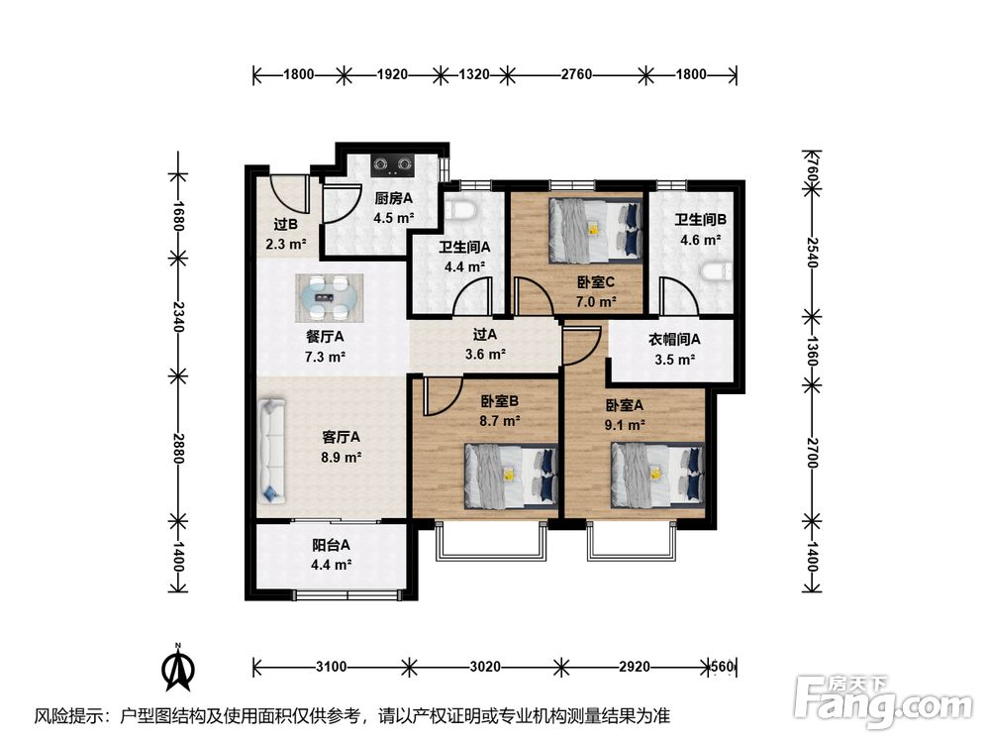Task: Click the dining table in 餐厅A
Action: [x=330, y=297]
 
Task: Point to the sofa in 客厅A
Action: [x=272, y=451]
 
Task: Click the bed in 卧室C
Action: [x=595, y=231]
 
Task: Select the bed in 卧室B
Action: [x=512, y=476]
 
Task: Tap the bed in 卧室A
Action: [x=657, y=475]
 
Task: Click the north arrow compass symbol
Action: [x=178, y=667]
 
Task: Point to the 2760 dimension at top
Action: [x=576, y=74]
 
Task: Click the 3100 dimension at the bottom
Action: [x=331, y=667]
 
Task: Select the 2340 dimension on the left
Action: [x=179, y=317]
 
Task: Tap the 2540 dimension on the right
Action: [x=813, y=252]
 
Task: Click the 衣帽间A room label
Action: [x=673, y=339]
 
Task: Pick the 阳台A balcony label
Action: [x=331, y=545]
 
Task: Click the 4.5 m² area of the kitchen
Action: [x=393, y=218]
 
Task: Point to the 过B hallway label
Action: [x=286, y=224]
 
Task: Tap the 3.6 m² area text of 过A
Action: [x=485, y=354]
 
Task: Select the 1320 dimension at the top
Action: [x=473, y=74]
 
